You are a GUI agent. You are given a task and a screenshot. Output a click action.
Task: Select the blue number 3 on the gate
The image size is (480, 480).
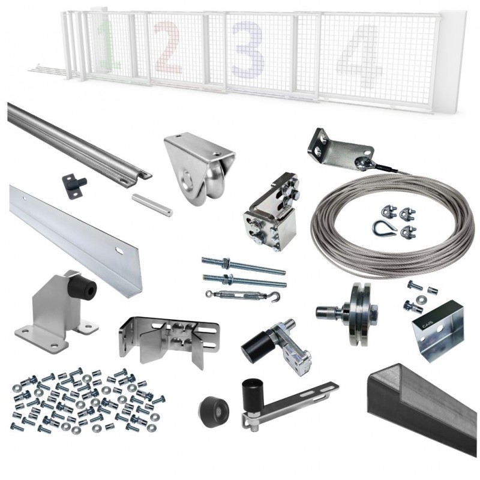coord(247,49)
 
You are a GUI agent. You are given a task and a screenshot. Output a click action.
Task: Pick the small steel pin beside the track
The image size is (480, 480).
coord(152,205)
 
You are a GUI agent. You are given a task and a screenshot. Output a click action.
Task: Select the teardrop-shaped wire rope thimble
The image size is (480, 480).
coord(381,227)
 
